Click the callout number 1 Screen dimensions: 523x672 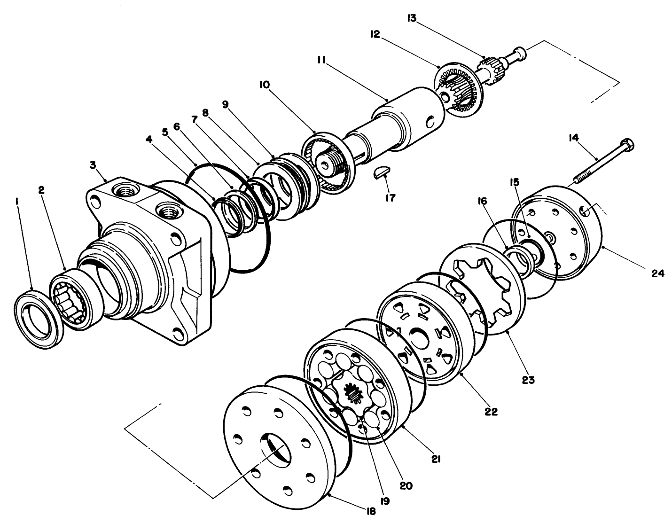[x=17, y=202]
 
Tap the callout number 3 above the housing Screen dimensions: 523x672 [x=93, y=165]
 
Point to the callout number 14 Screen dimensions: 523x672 [x=573, y=138]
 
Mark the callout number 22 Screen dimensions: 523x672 [x=491, y=412]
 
